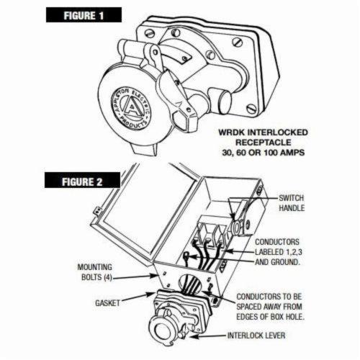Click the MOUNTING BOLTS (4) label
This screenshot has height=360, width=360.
click(x=94, y=270)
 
